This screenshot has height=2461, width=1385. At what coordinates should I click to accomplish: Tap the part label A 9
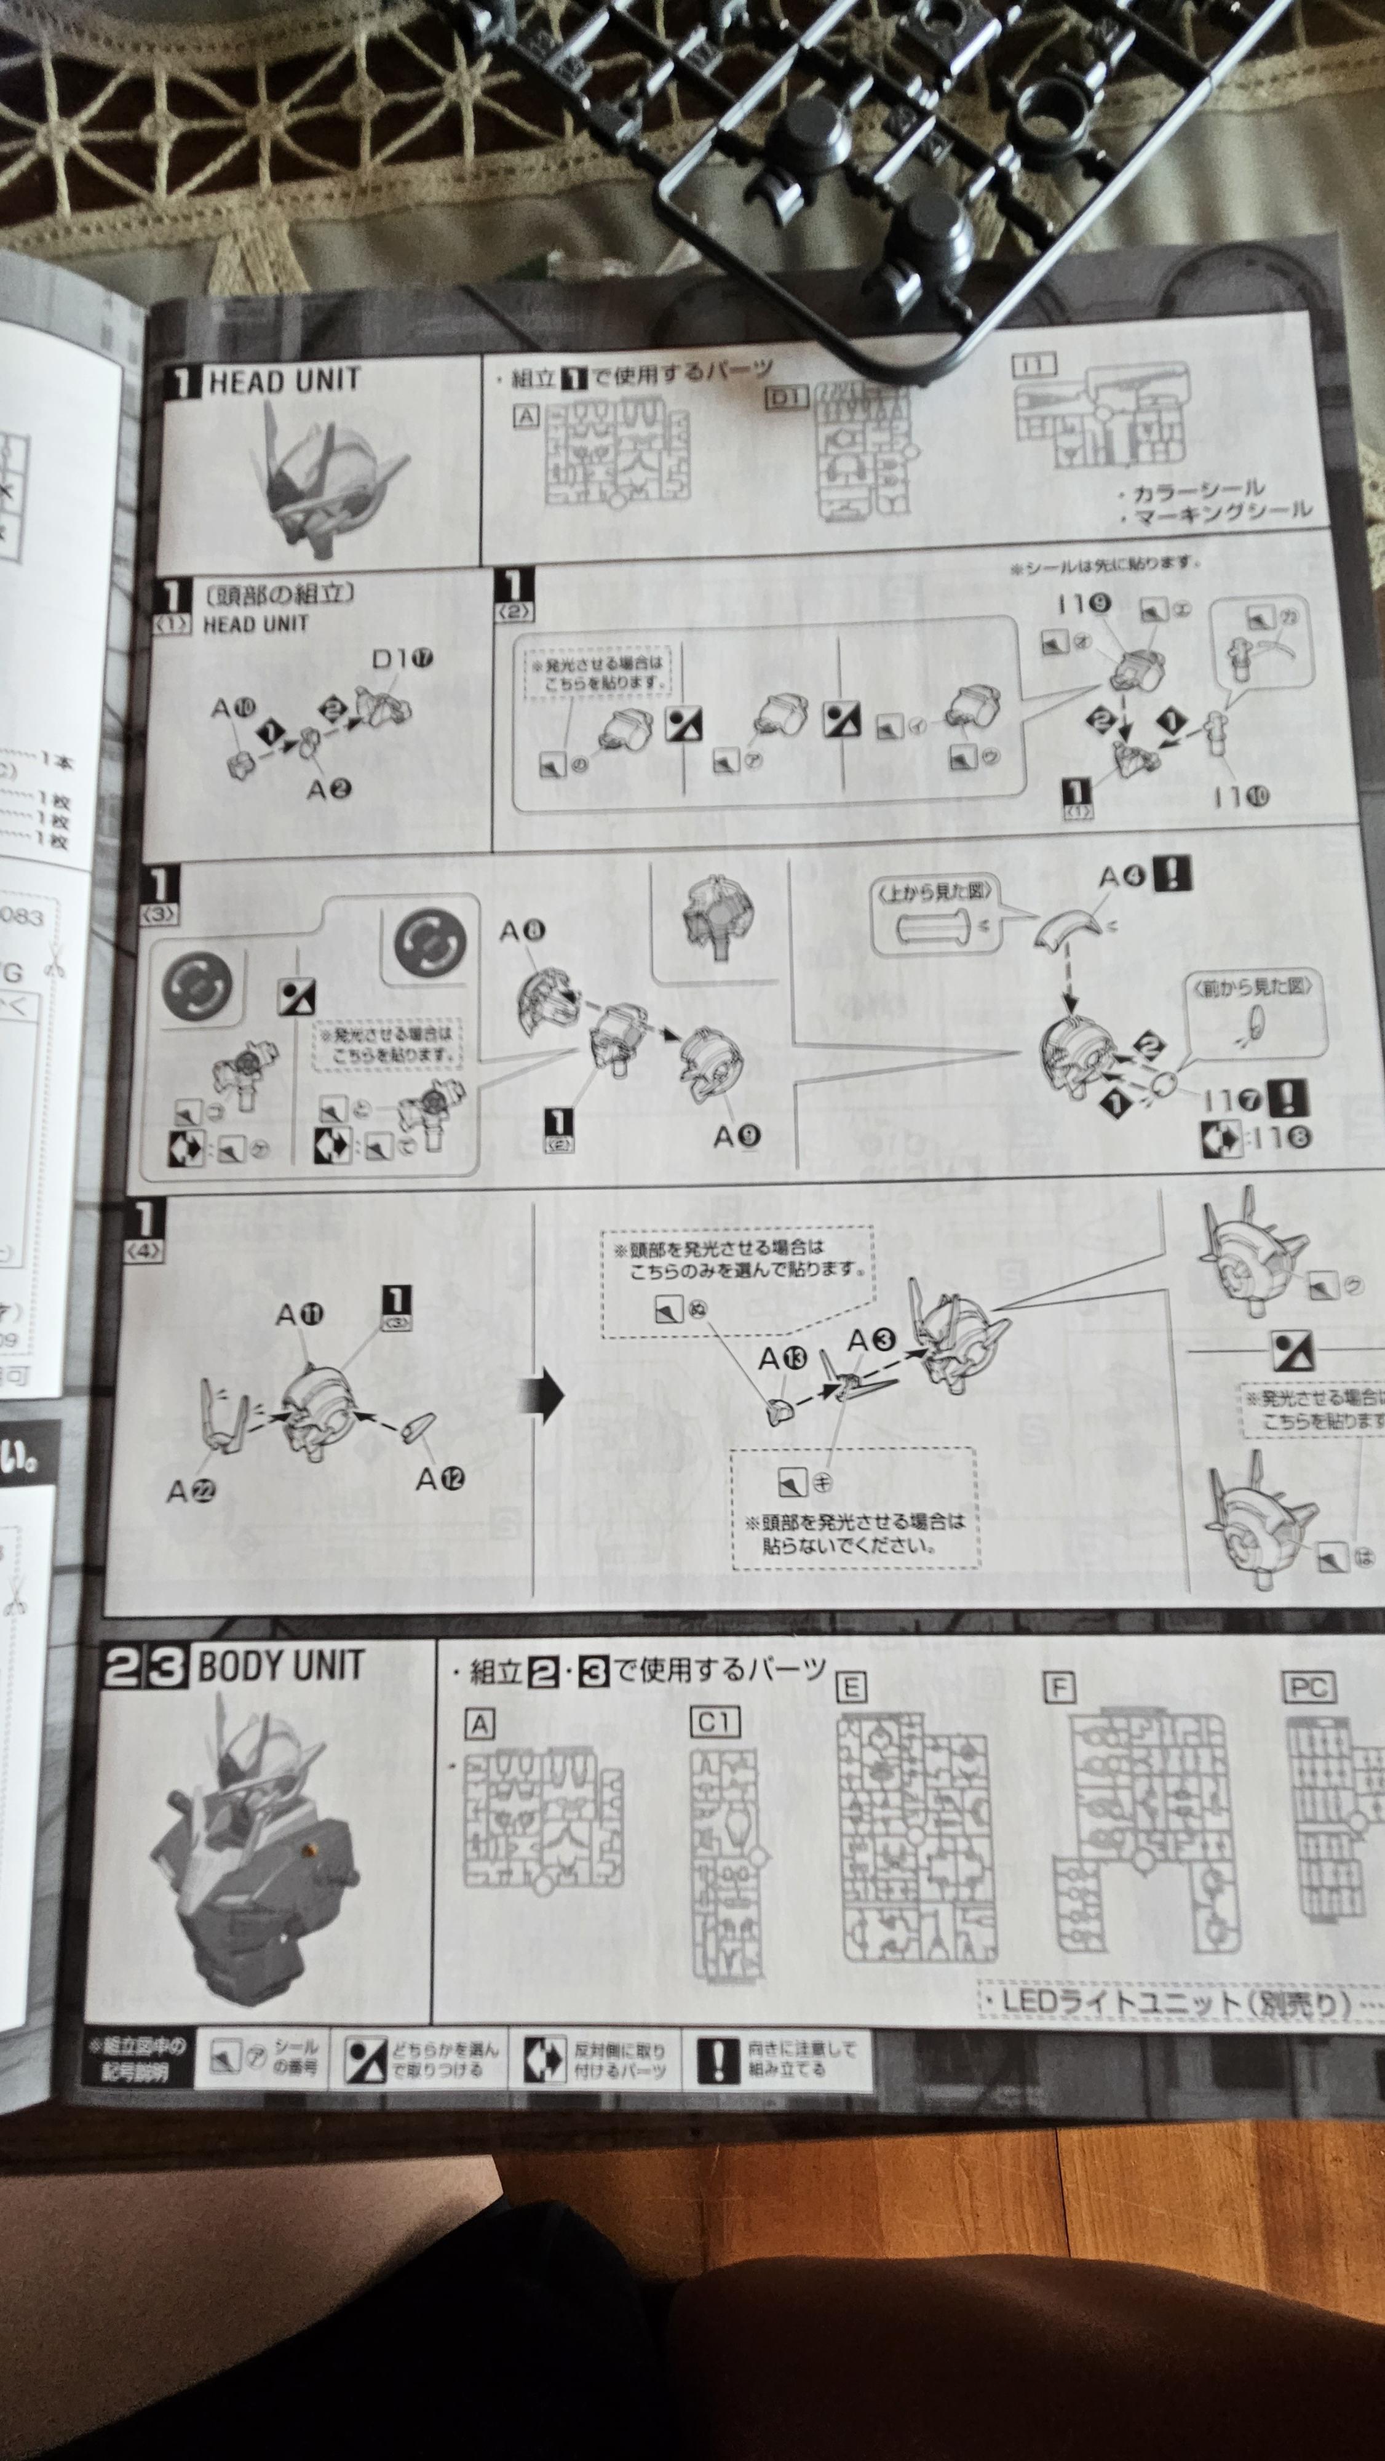click(736, 1135)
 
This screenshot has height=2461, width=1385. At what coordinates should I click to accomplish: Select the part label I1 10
click(1240, 797)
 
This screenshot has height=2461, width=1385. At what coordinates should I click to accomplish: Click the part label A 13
click(782, 1358)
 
